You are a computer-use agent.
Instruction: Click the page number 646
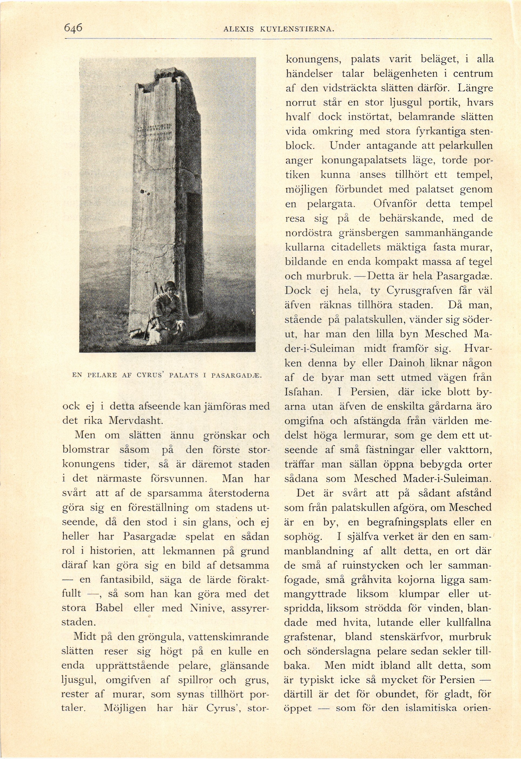coord(73,28)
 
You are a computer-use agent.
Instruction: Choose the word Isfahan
coord(302,392)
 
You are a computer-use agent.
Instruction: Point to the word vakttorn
coord(467,450)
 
